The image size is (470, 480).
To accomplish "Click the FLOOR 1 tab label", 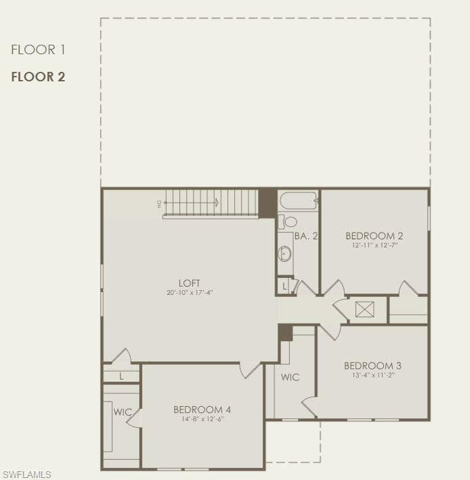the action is point(38,49).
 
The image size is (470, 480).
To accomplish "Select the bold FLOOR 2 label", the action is point(38,77).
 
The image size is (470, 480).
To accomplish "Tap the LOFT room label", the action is point(190,283).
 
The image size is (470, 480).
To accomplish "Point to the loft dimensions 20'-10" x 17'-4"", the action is point(190,293).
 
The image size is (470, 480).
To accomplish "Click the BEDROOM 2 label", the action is point(375,236).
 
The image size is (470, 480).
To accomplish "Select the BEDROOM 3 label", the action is point(372,366).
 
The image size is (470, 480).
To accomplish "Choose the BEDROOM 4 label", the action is point(202,409).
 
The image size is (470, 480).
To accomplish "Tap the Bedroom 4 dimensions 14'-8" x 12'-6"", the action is point(202,419).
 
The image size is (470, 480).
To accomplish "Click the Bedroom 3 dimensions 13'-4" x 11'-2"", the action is point(373,376).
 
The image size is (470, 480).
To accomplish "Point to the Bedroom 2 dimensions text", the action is point(375,245).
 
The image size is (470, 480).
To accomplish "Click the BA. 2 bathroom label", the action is point(306,236).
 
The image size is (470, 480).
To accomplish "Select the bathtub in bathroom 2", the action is point(299,201).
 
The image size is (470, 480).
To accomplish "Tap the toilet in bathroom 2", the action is point(287,221).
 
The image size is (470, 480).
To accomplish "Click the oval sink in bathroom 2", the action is point(284,254).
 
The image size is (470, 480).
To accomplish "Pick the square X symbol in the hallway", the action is point(365,309).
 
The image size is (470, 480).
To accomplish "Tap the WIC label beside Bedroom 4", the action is point(123,412).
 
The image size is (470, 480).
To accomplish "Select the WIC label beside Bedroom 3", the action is point(291,377).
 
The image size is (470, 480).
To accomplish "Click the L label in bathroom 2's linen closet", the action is point(284,287).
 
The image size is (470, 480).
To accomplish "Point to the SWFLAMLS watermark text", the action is point(27,475).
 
